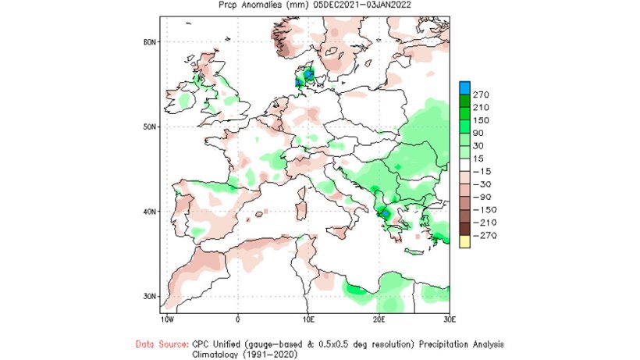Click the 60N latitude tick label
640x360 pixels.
[150, 41]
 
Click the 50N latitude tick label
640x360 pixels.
[150, 127]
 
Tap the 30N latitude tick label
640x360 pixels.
[150, 296]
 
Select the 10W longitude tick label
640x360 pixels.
[167, 320]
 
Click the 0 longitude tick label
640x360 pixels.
[237, 320]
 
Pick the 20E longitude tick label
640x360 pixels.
[379, 320]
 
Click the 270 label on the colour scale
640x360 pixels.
[480, 94]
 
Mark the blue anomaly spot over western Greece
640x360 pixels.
[385, 212]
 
